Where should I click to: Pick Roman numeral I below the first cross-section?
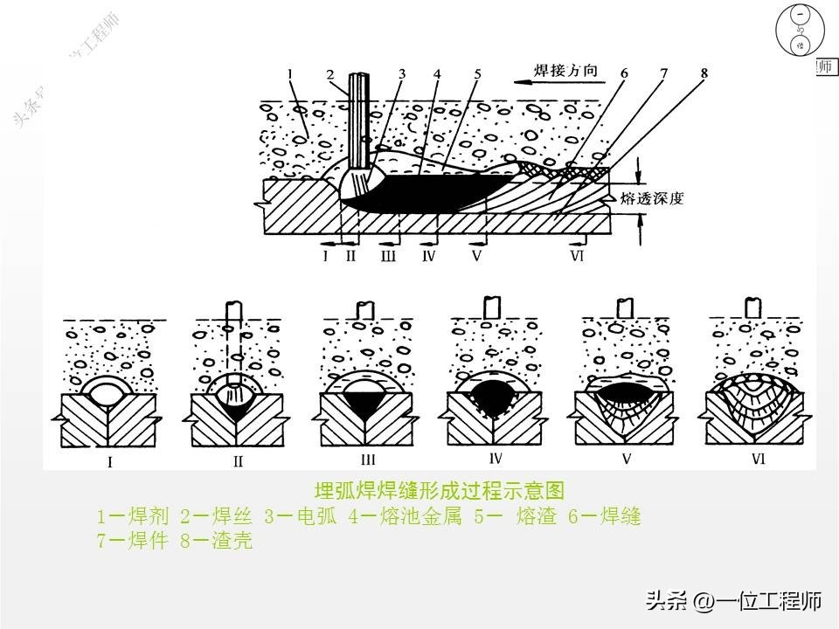click(x=109, y=463)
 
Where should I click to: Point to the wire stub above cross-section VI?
click(x=751, y=307)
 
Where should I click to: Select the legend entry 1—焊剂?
click(x=134, y=517)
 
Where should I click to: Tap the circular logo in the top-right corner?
click(x=799, y=31)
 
